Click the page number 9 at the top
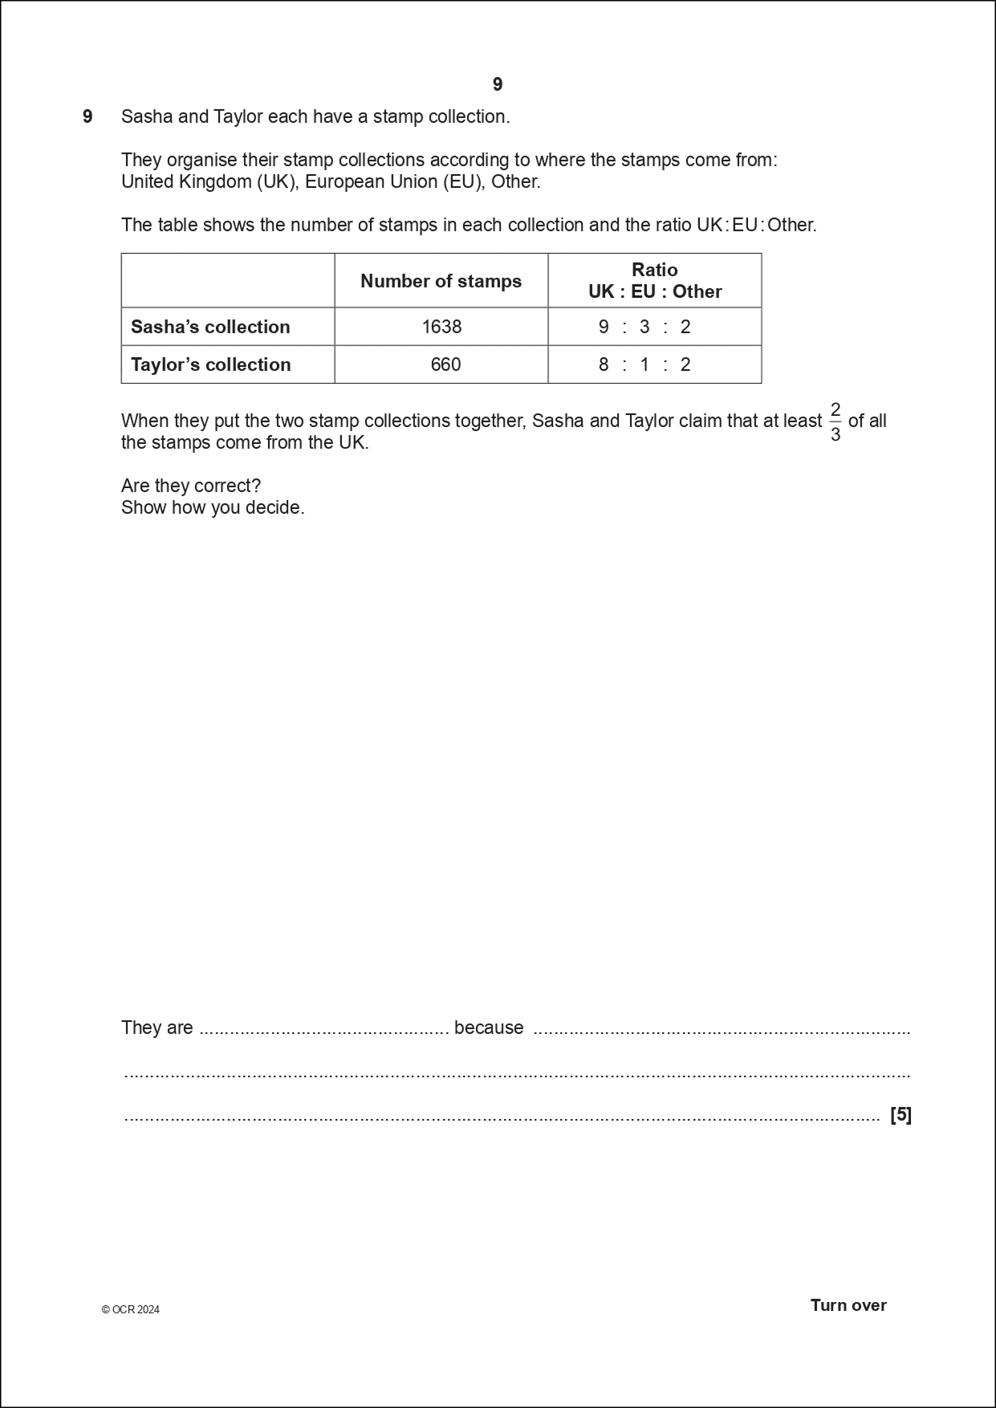pos(498,84)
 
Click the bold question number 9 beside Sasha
pos(87,116)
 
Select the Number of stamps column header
pos(441,281)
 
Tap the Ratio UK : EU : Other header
pos(654,281)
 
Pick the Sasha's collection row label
pos(210,327)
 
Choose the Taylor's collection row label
pos(210,364)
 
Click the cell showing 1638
pos(441,327)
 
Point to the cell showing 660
pos(445,364)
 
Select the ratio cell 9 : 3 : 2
pos(644,327)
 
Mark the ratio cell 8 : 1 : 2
pos(644,364)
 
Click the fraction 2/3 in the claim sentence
pos(835,422)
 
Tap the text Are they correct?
pos(191,486)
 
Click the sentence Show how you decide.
pos(213,507)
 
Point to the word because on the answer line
pos(489,1028)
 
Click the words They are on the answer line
pos(157,1028)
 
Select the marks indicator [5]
pos(900,1114)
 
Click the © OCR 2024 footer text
pos(131,1309)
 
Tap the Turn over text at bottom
pos(848,1304)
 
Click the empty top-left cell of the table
pos(228,281)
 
